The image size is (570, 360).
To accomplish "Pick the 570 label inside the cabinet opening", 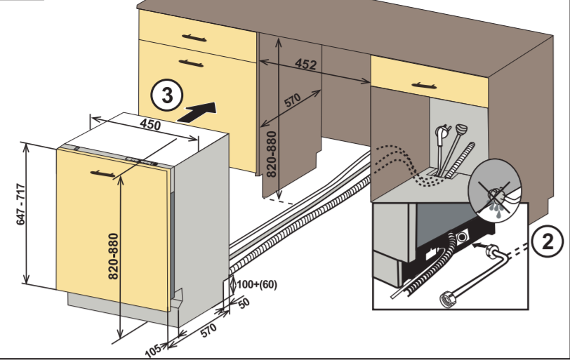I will pyautogui.click(x=292, y=100).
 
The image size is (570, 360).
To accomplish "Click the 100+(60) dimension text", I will pyautogui.click(x=258, y=284).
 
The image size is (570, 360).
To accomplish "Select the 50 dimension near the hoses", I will pyautogui.click(x=243, y=302).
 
